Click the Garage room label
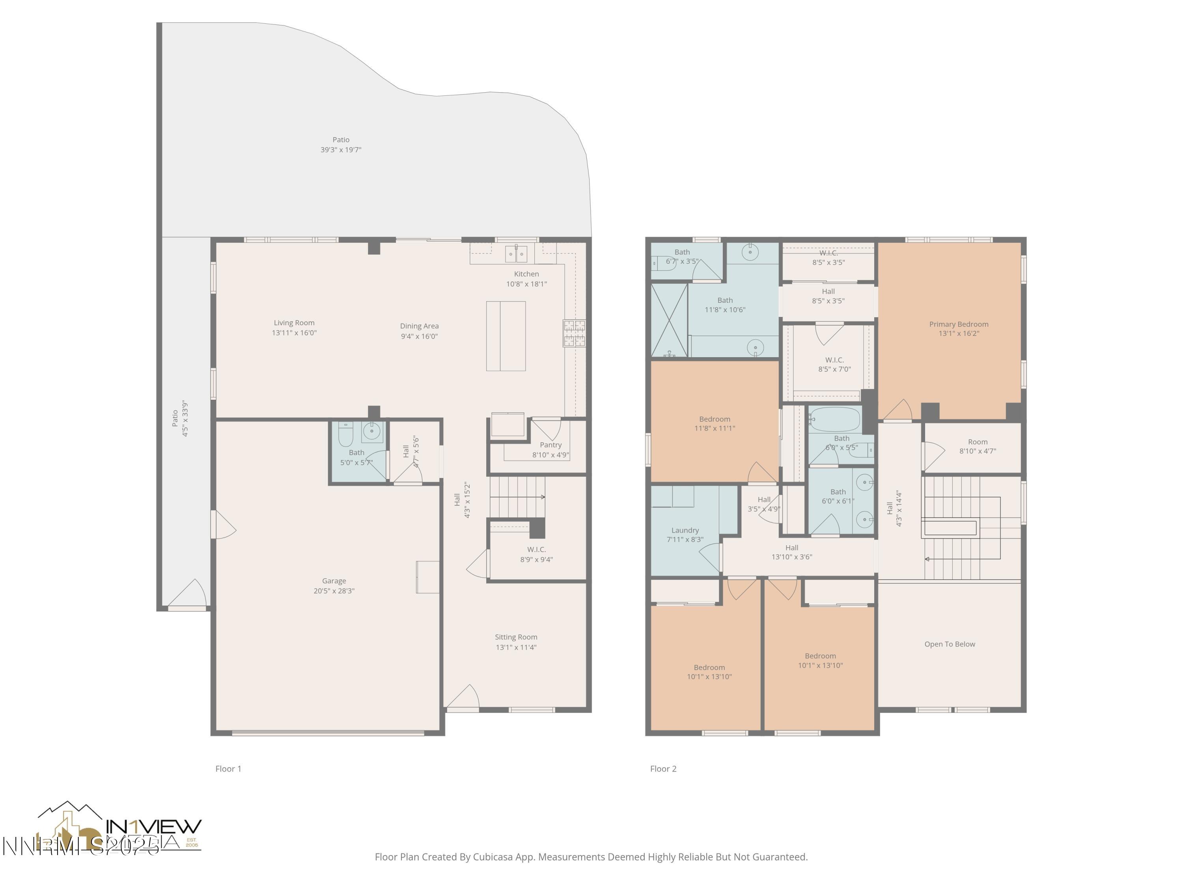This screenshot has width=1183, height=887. pyautogui.click(x=334, y=581)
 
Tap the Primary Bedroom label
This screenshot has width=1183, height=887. pyautogui.click(x=958, y=324)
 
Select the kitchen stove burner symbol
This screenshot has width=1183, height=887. pyautogui.click(x=574, y=333)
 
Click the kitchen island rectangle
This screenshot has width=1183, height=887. pyautogui.click(x=506, y=336)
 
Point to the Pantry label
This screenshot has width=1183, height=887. pyautogui.click(x=550, y=445)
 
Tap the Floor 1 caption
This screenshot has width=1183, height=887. pyautogui.click(x=228, y=769)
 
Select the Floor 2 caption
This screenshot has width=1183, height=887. pyautogui.click(x=663, y=769)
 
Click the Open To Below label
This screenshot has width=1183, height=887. pyautogui.click(x=949, y=644)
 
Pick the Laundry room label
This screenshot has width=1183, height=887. pyautogui.click(x=685, y=530)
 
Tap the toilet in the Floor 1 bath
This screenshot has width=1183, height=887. pyautogui.click(x=346, y=435)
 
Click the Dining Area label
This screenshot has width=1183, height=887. pyautogui.click(x=419, y=326)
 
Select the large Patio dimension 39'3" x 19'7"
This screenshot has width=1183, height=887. pyautogui.click(x=341, y=150)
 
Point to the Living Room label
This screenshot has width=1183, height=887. pyautogui.click(x=294, y=323)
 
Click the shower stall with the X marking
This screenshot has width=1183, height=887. pyautogui.click(x=668, y=320)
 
